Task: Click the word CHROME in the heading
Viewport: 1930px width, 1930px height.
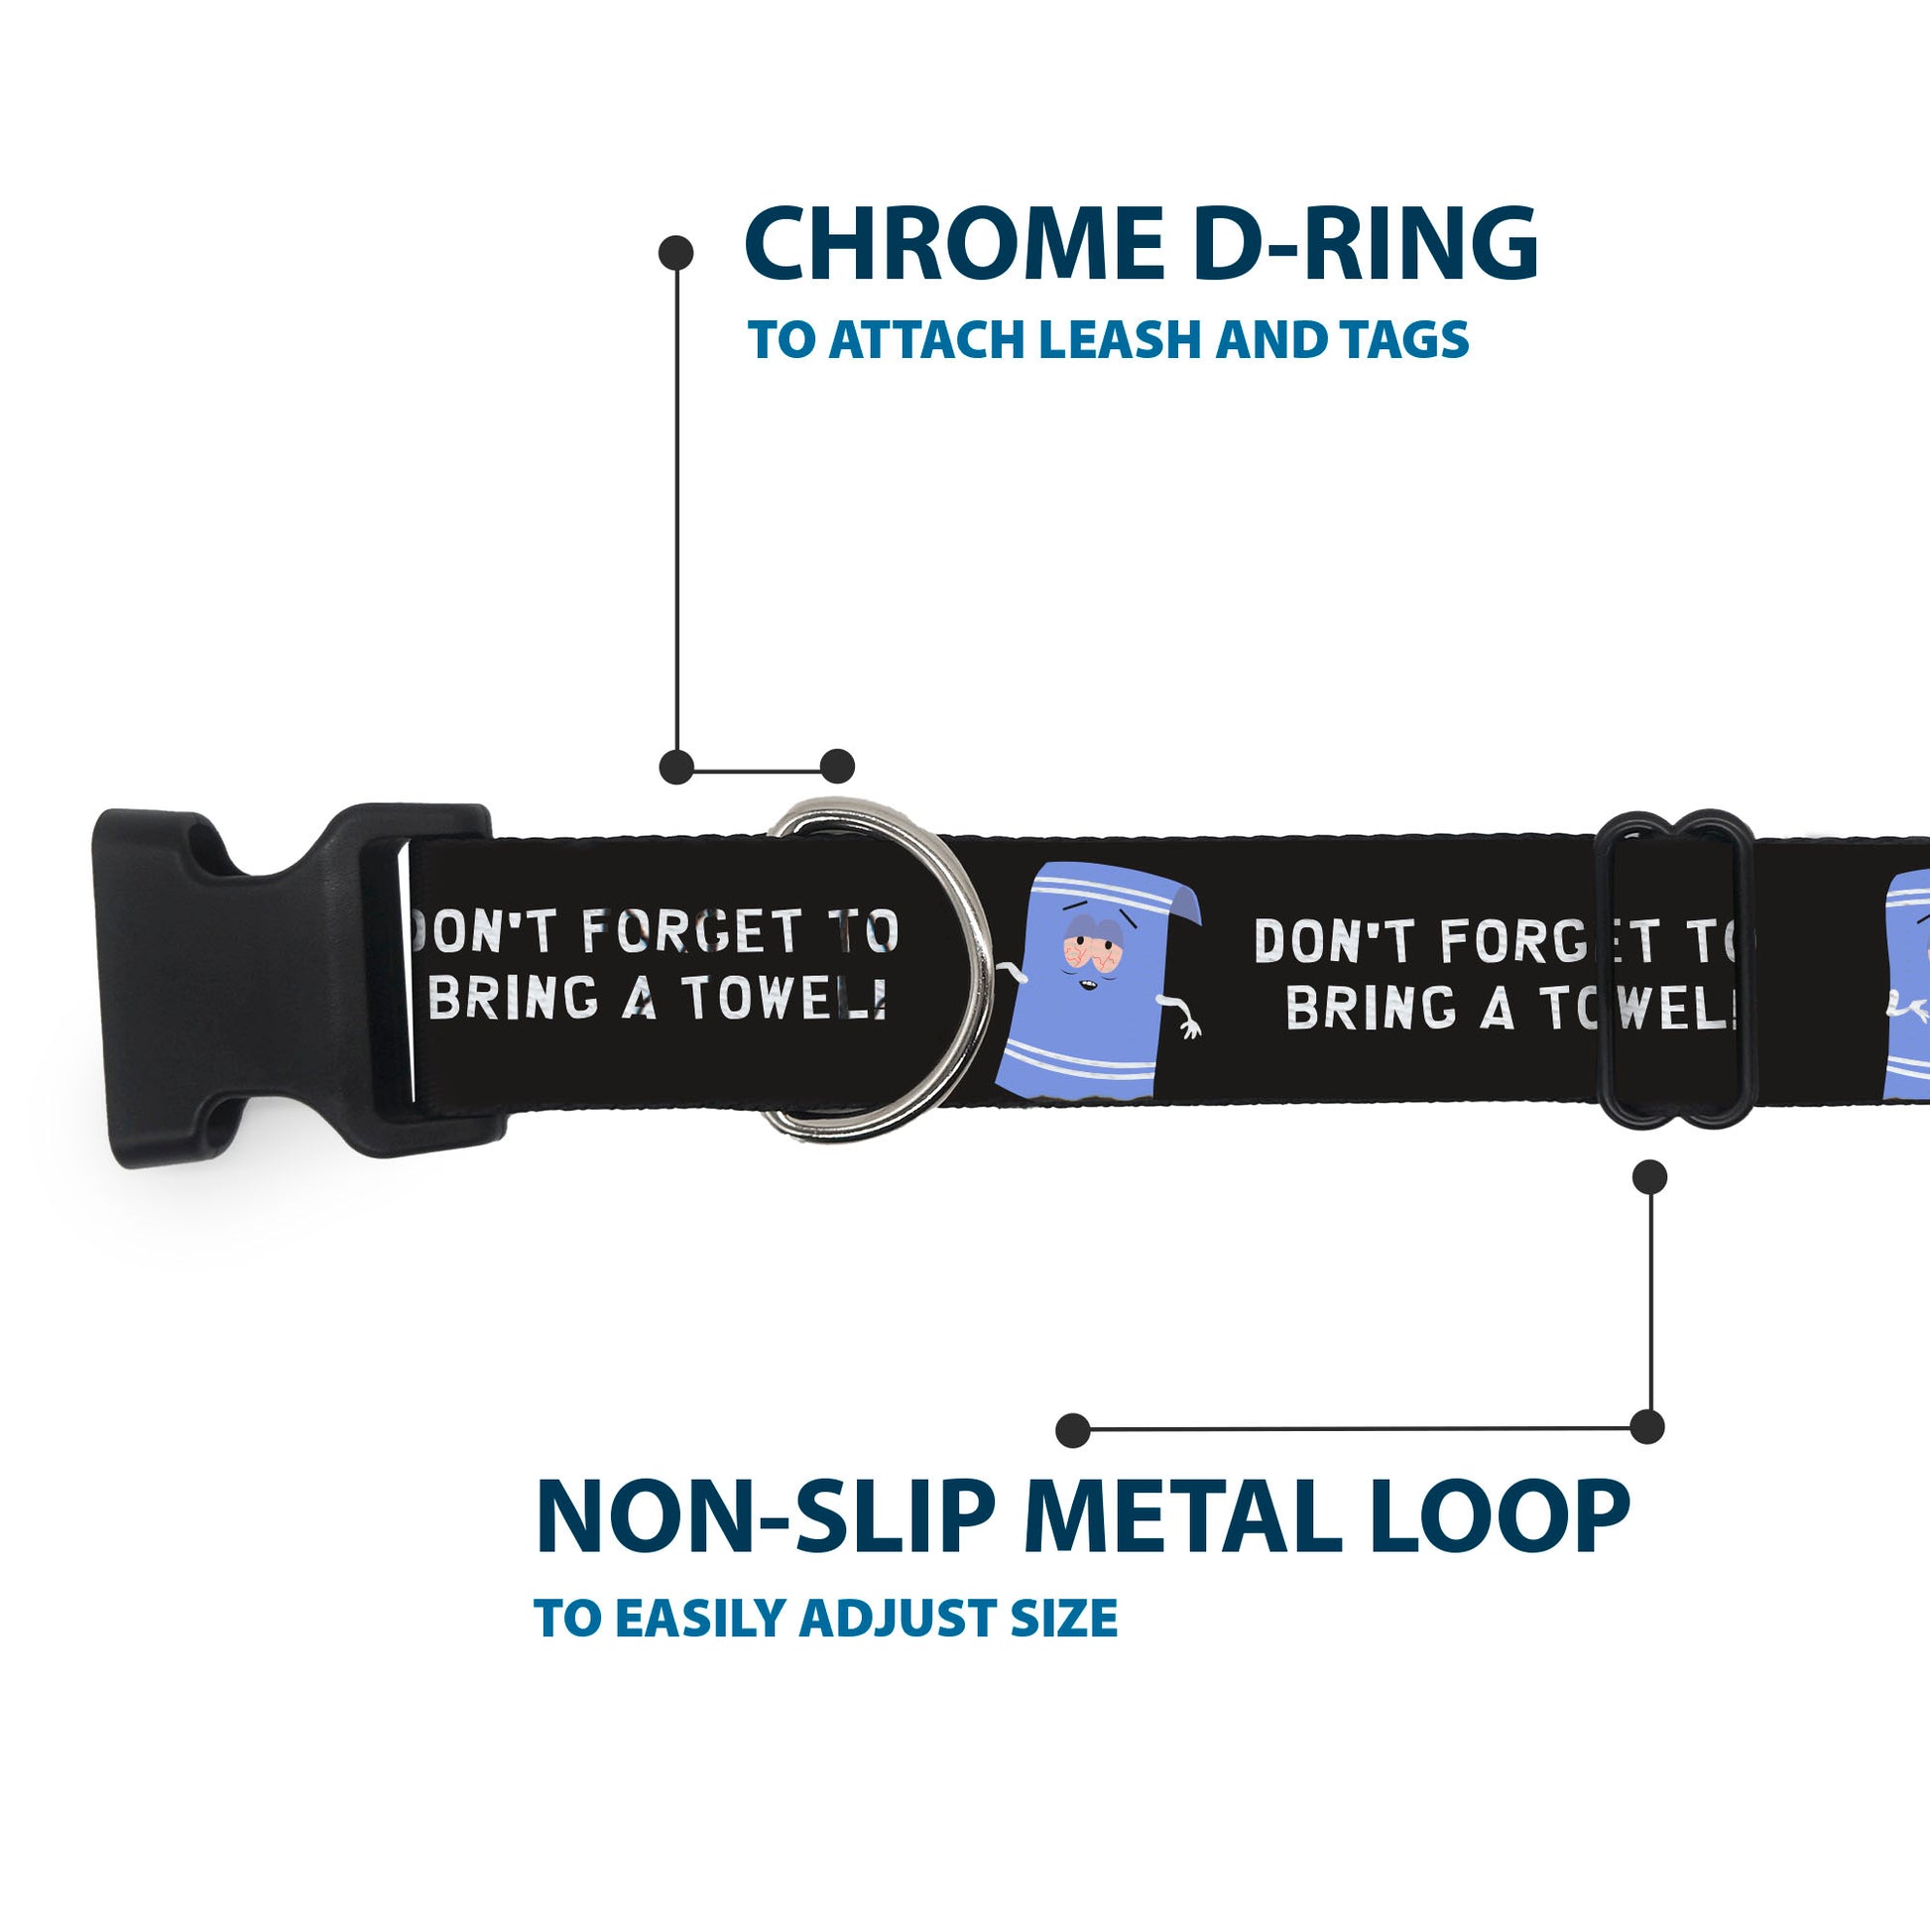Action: coord(954,244)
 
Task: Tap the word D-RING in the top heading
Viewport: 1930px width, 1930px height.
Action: coord(1365,244)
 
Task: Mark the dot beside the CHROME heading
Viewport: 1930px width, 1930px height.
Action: coord(676,253)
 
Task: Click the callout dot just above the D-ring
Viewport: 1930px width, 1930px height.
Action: coord(837,767)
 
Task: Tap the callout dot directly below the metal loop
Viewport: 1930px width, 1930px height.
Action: coord(1649,1177)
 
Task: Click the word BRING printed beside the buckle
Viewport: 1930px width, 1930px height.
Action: coord(514,997)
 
